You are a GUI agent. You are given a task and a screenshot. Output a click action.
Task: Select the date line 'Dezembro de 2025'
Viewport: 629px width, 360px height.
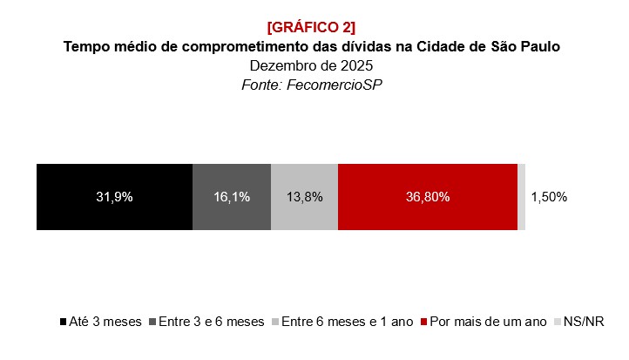pyautogui.click(x=312, y=65)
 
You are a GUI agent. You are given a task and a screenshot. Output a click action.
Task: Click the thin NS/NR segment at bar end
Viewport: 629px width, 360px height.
pyautogui.click(x=521, y=197)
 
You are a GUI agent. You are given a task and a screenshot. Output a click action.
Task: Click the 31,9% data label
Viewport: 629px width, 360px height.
pyautogui.click(x=114, y=197)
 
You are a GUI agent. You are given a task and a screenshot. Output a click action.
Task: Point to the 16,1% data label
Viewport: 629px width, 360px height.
pyautogui.click(x=232, y=197)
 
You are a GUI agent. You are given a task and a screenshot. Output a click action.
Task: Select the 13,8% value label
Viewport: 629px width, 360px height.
pyautogui.click(x=304, y=197)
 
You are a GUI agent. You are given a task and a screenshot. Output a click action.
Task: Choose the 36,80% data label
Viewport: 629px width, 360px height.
pyautogui.click(x=427, y=197)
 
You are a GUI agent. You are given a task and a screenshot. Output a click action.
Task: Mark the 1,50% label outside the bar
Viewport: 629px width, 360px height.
pyautogui.click(x=549, y=197)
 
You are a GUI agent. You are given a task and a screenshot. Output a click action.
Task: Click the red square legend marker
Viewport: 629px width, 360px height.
pyautogui.click(x=424, y=323)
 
